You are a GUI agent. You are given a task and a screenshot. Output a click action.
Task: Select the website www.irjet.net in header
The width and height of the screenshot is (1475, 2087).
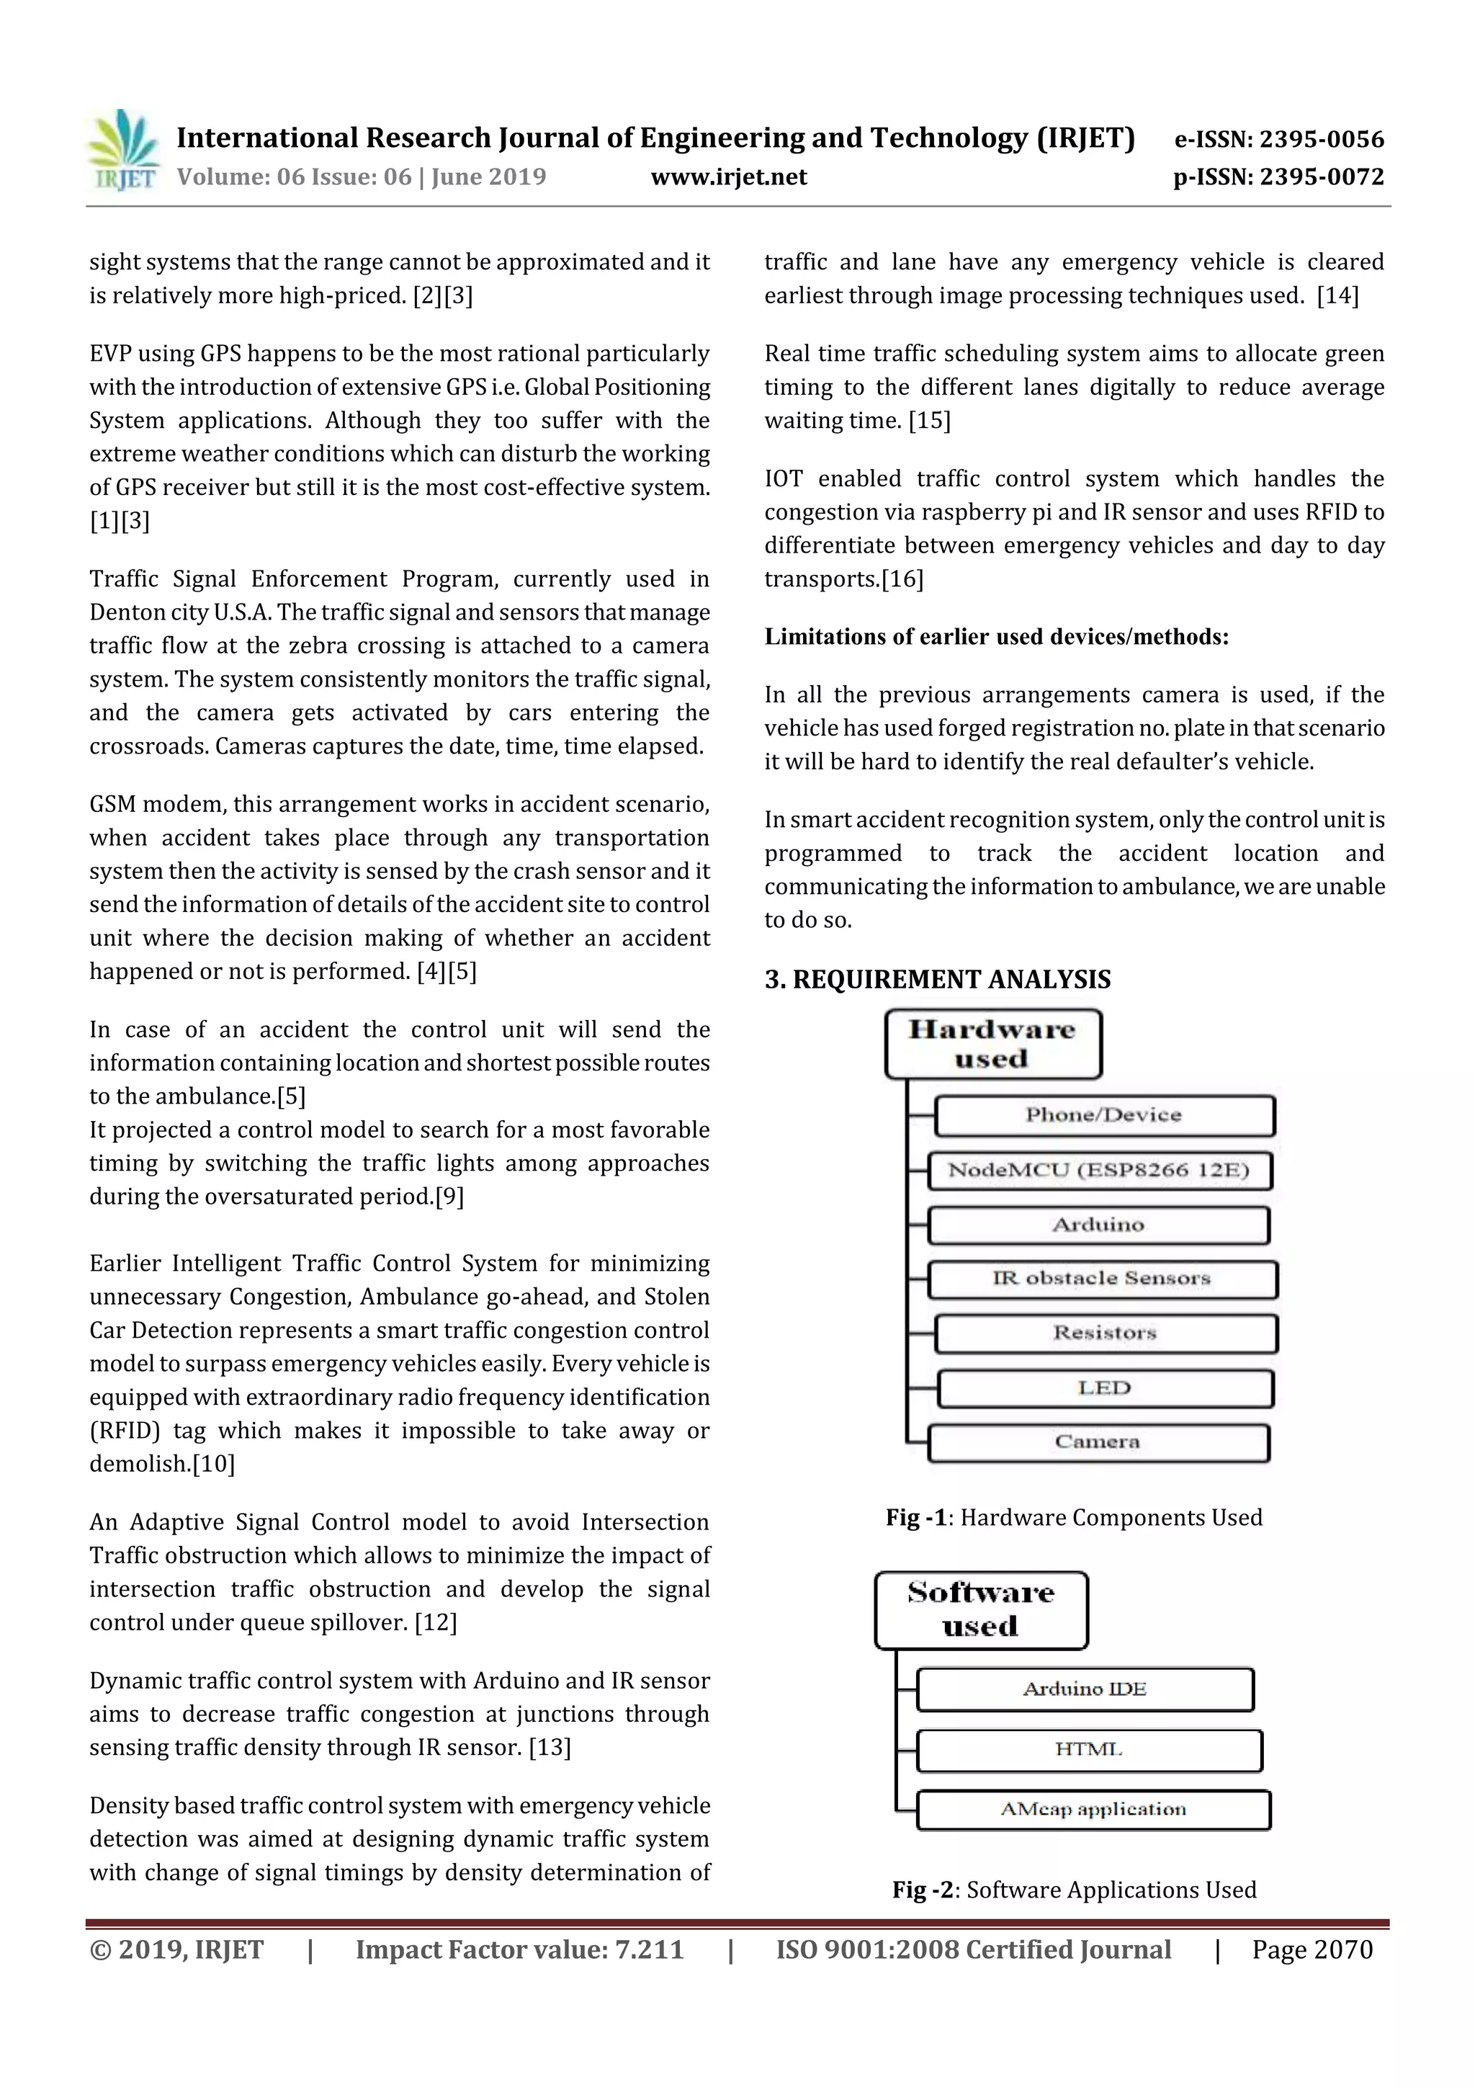click(x=729, y=177)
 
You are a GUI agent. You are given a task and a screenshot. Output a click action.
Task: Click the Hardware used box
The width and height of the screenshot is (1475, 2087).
click(x=992, y=1043)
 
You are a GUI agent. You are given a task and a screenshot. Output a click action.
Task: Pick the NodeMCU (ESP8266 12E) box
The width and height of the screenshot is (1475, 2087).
click(x=1099, y=1171)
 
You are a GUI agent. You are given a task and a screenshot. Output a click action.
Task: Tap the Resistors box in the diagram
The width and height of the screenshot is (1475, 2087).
click(x=1105, y=1333)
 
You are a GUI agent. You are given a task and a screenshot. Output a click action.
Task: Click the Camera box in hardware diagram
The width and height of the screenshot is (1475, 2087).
click(x=1098, y=1442)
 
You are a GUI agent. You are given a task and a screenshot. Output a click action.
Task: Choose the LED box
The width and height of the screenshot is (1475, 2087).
click(x=1104, y=1388)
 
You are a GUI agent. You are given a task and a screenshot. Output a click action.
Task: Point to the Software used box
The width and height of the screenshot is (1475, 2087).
click(x=981, y=1610)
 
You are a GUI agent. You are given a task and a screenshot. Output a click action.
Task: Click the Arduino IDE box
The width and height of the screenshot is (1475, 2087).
click(x=1085, y=1689)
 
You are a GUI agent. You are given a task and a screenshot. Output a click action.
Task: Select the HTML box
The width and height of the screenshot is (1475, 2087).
click(x=1089, y=1750)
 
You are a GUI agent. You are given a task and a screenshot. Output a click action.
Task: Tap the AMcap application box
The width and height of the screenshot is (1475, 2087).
click(x=1093, y=1810)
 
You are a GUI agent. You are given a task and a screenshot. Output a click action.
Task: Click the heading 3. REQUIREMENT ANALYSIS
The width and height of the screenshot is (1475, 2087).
click(x=937, y=979)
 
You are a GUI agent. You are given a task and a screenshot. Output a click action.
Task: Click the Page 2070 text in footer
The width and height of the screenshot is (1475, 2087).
click(x=1312, y=1949)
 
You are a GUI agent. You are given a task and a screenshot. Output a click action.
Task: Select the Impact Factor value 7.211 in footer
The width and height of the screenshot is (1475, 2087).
click(x=519, y=1949)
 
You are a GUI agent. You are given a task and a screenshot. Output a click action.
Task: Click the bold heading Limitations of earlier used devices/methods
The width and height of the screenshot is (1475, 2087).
click(x=996, y=636)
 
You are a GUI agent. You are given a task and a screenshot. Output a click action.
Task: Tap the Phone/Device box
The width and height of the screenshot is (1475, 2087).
click(x=1103, y=1115)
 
